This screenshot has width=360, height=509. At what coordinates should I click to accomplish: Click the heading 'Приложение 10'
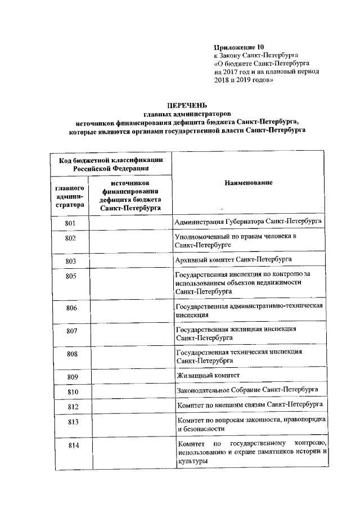pos(238,47)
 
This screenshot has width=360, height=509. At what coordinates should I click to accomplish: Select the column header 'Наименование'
pos(248,183)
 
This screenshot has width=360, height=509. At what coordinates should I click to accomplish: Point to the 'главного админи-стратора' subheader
pos(71,196)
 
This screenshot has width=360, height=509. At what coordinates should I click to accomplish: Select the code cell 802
pos(71,238)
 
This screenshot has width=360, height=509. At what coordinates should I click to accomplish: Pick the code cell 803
pos(71,262)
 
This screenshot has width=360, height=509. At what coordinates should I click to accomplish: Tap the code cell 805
pos(71,276)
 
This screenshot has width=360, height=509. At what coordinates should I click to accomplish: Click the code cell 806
pos(71,308)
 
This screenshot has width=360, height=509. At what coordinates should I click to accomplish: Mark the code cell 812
pos(71,406)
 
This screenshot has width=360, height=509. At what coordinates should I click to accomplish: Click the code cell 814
pos(71,446)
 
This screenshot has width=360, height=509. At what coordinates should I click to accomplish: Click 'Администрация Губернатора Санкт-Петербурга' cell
pos(248,222)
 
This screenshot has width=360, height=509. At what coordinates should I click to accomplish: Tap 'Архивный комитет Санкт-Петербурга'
pos(233,260)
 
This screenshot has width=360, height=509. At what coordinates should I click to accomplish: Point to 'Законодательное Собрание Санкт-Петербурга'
pos(247,390)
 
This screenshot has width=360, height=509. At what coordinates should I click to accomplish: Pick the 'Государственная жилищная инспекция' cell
pos(236,332)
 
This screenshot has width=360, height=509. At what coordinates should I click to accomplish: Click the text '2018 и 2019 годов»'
pos(244,80)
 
